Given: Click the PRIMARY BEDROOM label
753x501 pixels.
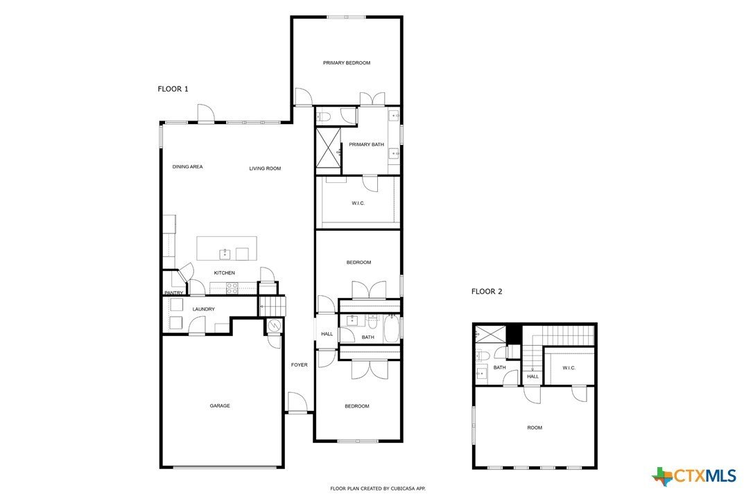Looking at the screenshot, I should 347,63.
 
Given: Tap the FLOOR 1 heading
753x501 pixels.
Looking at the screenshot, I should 173,89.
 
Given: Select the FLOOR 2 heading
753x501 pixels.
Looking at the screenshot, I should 486,292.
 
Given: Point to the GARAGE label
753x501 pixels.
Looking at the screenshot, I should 220,406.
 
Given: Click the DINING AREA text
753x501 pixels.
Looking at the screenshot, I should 187,167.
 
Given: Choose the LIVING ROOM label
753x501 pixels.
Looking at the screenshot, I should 265,168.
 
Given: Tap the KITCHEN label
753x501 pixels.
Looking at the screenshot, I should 224,273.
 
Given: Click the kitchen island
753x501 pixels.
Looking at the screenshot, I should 227,248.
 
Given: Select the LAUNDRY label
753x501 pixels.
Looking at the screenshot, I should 203,309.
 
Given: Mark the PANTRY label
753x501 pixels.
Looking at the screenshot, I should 173,293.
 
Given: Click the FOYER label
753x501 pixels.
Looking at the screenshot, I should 299,365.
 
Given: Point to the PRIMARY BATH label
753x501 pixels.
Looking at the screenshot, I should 366,145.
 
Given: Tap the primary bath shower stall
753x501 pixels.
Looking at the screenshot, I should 329,149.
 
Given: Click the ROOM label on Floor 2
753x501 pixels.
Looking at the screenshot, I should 534,428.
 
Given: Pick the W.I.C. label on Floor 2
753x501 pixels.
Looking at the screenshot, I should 569,368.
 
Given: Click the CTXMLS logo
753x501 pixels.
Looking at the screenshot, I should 694,476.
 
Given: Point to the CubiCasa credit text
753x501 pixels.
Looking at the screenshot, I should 377,489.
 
